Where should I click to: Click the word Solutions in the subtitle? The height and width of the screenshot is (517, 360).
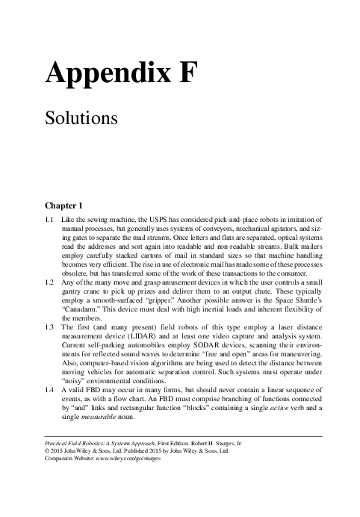click(x=79, y=118)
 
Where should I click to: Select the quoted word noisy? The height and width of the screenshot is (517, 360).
click(x=75, y=380)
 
